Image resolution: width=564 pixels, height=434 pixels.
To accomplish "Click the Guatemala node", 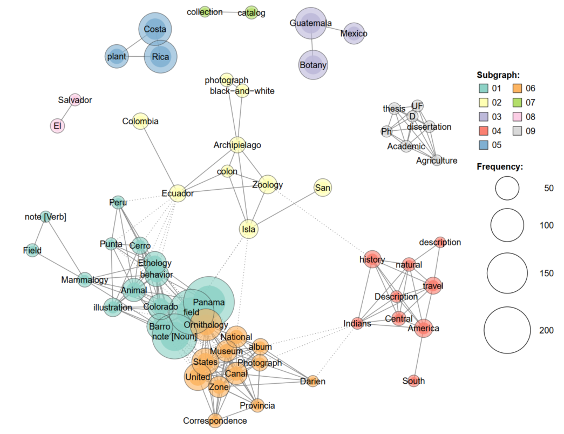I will point(310,24).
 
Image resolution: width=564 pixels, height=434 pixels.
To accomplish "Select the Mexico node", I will point(354,34).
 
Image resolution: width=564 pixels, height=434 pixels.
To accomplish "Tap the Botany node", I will point(313,65).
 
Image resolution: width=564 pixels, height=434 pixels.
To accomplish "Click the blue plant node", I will point(117,57).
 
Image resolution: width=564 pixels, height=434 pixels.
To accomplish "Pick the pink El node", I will point(57,126).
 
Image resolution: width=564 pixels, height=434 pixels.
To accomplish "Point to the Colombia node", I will point(140,122).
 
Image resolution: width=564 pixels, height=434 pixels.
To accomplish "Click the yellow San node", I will point(322,188).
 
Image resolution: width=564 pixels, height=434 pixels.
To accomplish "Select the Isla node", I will point(248,229).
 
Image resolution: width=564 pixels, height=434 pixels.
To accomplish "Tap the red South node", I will point(413,381).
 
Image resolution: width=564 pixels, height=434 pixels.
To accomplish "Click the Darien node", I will point(312,382).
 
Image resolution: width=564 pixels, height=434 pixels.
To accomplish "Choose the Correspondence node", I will point(215,420).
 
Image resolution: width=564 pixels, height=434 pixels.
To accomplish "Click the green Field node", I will point(32,251).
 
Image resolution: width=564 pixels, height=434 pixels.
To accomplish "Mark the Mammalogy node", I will point(85,280).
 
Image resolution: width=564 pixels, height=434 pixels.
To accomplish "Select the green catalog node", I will point(252,12).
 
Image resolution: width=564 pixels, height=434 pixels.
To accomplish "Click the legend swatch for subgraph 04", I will point(483,131).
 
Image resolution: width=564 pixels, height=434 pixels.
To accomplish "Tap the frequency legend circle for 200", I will point(507,330).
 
